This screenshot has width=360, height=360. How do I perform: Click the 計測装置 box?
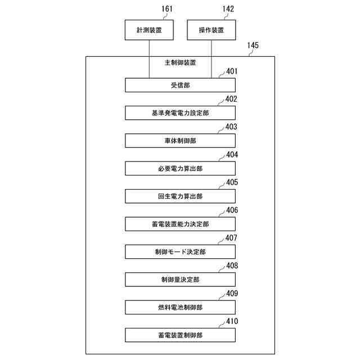coord(148,30)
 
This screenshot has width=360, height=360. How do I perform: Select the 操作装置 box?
coord(211,30)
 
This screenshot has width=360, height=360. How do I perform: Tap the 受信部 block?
coord(180,85)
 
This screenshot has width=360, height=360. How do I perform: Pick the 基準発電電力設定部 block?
coord(180,112)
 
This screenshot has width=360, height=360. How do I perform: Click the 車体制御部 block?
coord(180,141)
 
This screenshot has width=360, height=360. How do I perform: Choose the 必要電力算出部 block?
coord(180,168)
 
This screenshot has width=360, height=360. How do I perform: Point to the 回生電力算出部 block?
coord(180,196)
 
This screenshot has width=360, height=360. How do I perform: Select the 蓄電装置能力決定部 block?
coord(180,224)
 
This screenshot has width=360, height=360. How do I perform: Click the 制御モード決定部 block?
coord(180,251)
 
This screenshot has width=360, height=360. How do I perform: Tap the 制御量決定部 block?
coord(180,279)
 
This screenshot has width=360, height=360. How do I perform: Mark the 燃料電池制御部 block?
coord(180,307)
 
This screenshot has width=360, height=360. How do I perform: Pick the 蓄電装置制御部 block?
coord(180,335)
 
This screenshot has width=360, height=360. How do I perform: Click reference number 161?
coord(167,8)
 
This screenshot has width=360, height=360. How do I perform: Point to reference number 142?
coord(228,8)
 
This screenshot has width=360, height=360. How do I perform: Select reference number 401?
coord(232,71)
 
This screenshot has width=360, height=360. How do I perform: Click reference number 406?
coord(232,210)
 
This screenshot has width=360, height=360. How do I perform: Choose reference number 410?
coord(232,321)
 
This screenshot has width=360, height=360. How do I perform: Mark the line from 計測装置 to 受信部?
coord(149,59)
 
